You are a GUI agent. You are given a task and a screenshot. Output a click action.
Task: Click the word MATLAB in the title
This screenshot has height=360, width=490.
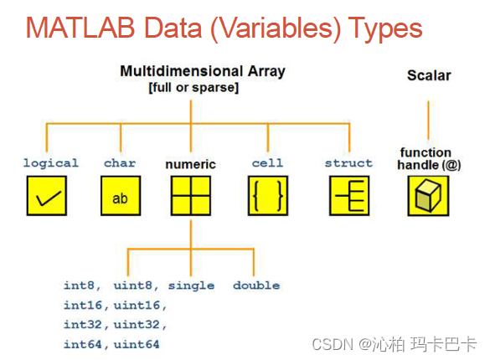pos(80,28)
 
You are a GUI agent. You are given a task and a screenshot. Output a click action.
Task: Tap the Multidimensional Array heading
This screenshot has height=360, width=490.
pos(203,71)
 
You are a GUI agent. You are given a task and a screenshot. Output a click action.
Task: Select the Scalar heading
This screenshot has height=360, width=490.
pos(429,75)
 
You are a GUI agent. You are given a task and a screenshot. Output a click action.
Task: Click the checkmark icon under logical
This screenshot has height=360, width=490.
pos(47,196)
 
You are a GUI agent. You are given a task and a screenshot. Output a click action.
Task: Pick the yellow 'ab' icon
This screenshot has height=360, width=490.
pos(121,196)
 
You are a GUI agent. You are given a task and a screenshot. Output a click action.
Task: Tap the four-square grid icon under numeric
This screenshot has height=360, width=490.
pos(191,196)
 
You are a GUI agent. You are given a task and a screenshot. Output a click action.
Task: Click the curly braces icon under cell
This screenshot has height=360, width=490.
pos(268,196)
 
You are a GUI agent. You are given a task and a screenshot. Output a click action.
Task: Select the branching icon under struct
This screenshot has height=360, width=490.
pos(349,196)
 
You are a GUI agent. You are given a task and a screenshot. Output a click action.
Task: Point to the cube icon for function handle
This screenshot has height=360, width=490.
pos(428,196)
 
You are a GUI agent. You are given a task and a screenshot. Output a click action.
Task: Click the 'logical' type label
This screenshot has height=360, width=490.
pos(50,163)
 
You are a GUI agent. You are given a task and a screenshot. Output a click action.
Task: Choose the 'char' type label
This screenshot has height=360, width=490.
pos(120,162)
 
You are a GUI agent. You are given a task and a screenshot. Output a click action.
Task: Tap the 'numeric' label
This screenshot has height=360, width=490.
pos(190,164)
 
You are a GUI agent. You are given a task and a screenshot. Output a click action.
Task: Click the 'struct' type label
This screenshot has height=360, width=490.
pos(348,162)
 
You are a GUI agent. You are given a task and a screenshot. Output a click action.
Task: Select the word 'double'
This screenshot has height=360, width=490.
pos(256,285)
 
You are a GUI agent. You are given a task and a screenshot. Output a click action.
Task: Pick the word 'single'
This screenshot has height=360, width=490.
pos(191,286)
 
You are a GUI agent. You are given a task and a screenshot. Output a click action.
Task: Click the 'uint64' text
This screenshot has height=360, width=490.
pos(137,344)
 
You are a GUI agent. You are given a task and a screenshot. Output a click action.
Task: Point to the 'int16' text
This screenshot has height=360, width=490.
pos(83,305)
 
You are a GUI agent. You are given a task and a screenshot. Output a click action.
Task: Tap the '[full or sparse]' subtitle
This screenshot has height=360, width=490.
pos(193,87)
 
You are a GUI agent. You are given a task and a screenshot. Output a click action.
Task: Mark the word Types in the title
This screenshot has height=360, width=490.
pos(385,29)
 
